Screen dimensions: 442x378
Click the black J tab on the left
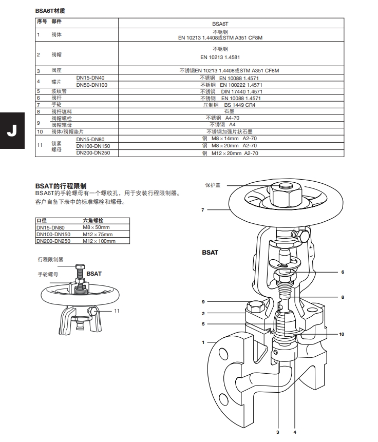[x=12, y=129]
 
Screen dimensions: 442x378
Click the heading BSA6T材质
[x=50, y=10]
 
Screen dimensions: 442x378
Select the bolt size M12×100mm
[x=99, y=241]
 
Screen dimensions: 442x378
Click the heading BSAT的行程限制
[x=61, y=186]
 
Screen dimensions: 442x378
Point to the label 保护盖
[x=213, y=185]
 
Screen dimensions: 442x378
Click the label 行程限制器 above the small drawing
[x=50, y=260]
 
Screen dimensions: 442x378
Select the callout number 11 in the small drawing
[x=117, y=311]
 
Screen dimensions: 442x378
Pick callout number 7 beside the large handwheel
[x=203, y=210]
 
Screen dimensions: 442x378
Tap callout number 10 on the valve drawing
[x=342, y=334]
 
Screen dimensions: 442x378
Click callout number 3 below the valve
[x=277, y=432]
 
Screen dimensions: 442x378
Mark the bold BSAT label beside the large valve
[x=210, y=253]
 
